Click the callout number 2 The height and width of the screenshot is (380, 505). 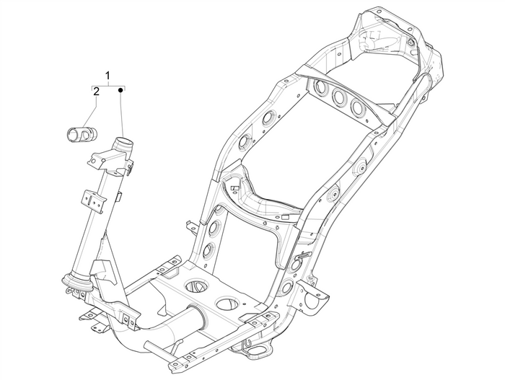(95, 92)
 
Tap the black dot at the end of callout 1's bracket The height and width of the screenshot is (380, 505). (121, 92)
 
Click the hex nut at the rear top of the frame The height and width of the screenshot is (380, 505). (410, 44)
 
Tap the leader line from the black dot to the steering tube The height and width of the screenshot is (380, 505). (121, 115)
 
